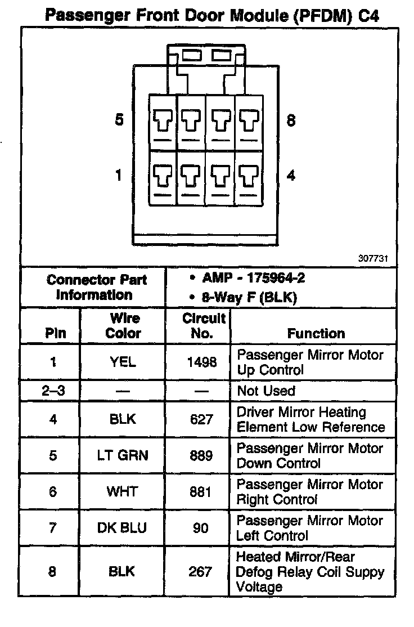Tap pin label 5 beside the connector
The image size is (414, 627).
coord(119,120)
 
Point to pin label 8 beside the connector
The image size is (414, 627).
coord(291,120)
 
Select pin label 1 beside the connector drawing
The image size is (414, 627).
coord(119,175)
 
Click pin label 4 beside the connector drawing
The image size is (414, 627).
coord(291,175)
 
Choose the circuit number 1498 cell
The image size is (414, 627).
coord(201,362)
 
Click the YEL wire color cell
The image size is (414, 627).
coord(123,362)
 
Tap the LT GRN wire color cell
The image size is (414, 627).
coord(123,455)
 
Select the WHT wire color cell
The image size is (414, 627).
coord(122,491)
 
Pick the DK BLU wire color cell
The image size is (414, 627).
coord(123,528)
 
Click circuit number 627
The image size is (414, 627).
coord(201,419)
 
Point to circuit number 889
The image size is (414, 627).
coord(201,455)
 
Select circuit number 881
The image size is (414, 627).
coord(201,491)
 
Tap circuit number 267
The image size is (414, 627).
coord(201,572)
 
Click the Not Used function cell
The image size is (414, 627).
coord(266,391)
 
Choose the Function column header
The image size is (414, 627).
coord(316,333)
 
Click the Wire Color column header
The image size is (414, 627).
coord(123,326)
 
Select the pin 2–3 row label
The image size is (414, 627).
coord(52,391)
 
